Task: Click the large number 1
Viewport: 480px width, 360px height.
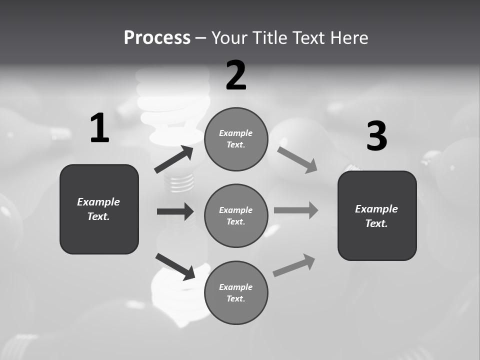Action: coord(99,128)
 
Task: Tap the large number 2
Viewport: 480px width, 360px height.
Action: coord(236,75)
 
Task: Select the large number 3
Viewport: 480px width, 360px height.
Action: coord(376,136)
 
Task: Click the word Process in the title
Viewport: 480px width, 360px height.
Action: coord(157,37)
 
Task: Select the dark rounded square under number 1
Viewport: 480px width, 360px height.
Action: coord(99,209)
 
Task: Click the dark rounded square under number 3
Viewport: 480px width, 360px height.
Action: coord(377,215)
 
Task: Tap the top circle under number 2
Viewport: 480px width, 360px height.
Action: coord(236,139)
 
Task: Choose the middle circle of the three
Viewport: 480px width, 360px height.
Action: coord(236,215)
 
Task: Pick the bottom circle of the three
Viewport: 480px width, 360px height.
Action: coord(236,292)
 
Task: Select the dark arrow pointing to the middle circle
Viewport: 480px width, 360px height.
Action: coord(175,211)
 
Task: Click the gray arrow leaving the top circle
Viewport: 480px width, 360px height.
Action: coord(297,159)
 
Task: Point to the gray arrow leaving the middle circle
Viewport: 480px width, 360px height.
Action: coord(296,210)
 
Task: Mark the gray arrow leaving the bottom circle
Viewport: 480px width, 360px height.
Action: coord(294,265)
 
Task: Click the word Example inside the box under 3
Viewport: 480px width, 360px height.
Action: coord(376,209)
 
